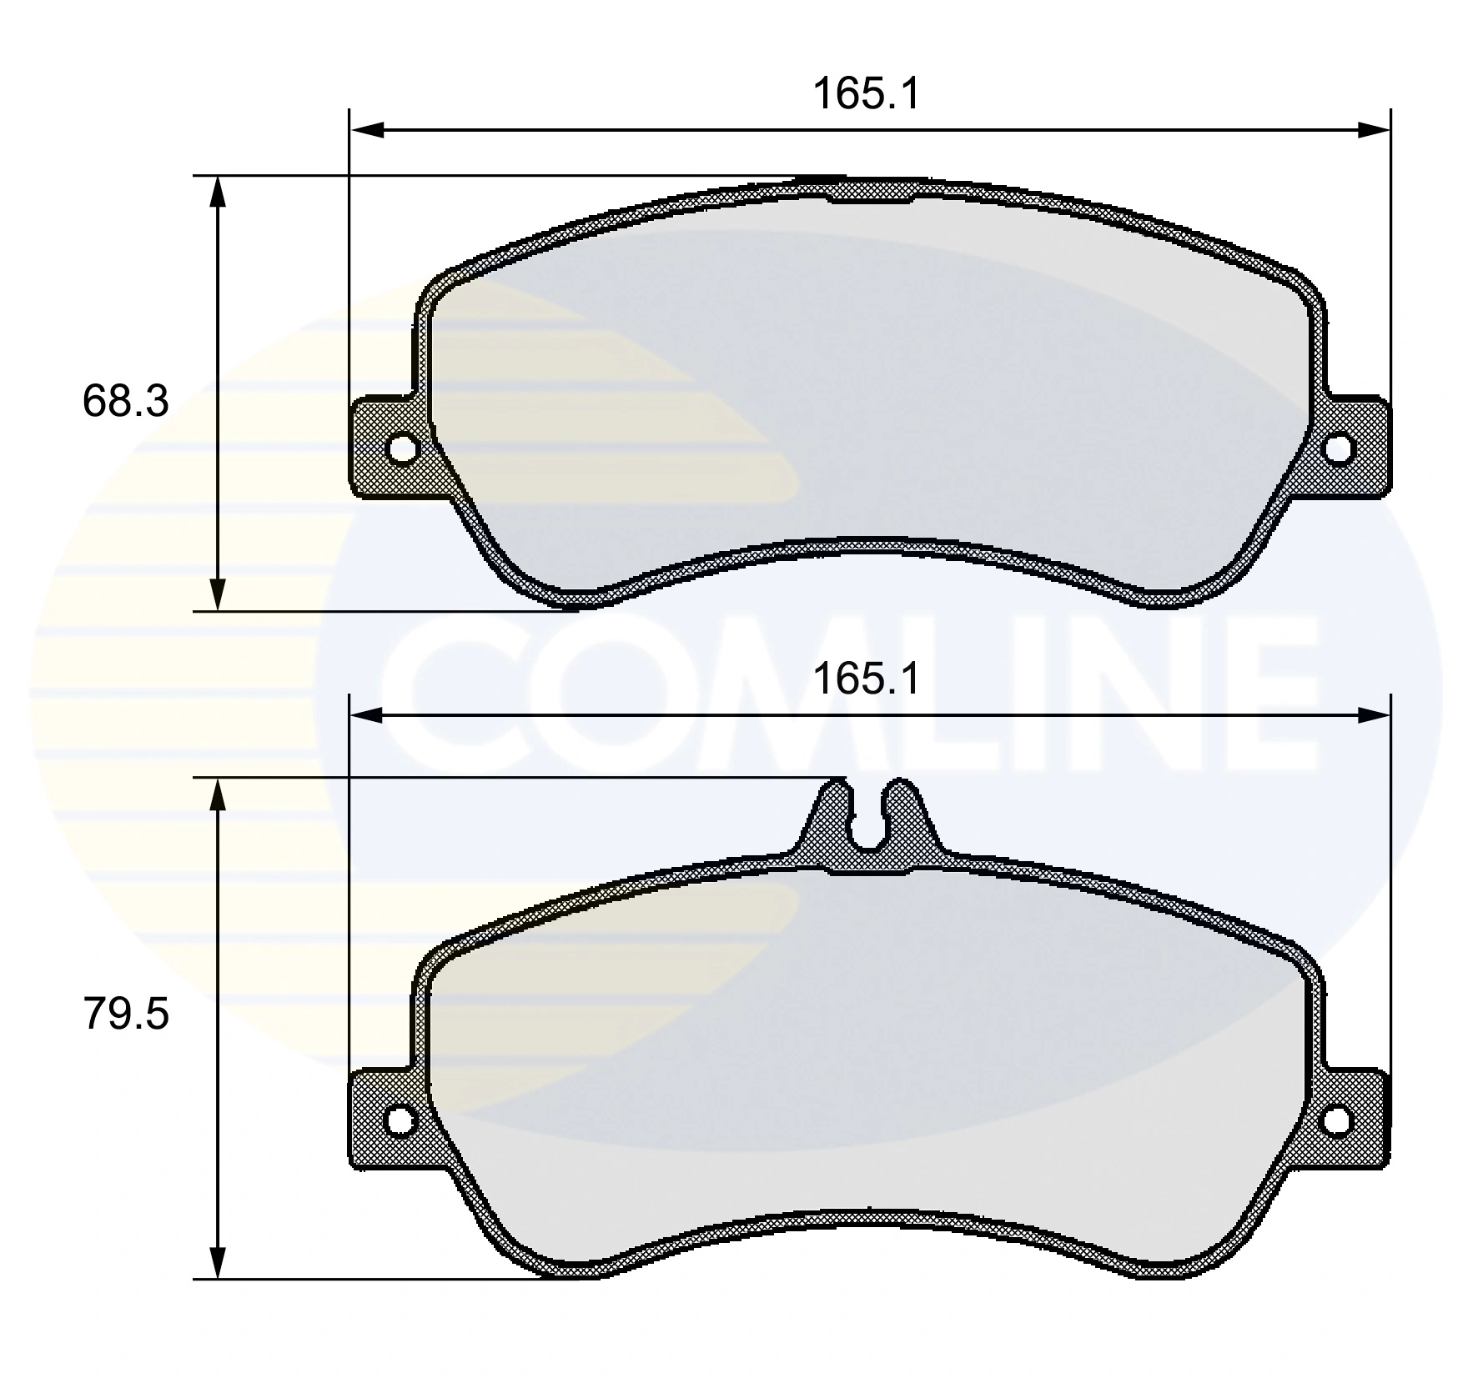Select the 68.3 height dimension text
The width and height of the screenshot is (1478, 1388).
coord(125,401)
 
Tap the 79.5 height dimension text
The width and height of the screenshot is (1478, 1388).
coord(125,1015)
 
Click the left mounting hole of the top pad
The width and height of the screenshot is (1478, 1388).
coord(403,448)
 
